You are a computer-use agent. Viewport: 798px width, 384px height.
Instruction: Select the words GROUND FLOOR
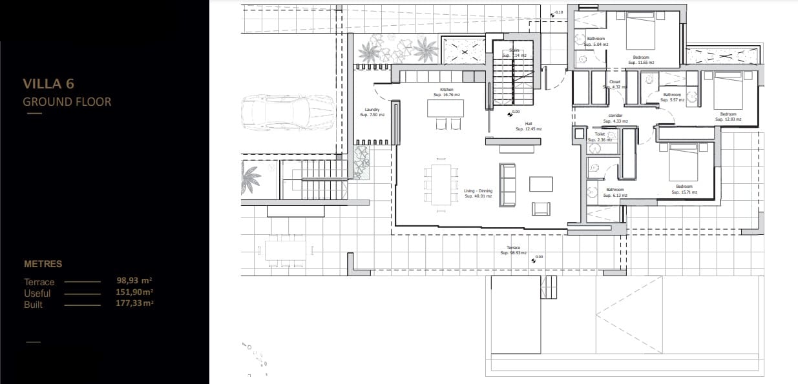(67, 101)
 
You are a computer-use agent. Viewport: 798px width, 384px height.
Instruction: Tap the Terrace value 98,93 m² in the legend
(134, 281)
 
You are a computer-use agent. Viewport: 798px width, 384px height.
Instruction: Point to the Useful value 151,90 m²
(134, 292)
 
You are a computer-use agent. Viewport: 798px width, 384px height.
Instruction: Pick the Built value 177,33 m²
(134, 303)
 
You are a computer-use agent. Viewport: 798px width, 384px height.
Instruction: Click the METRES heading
(43, 264)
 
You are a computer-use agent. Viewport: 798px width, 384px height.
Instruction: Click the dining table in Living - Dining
(442, 185)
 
